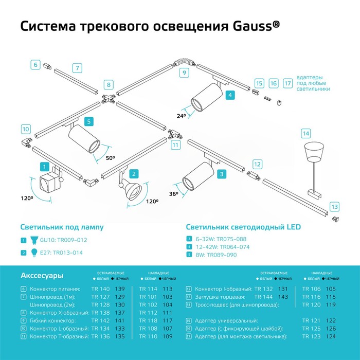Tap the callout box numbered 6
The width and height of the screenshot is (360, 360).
(x=35, y=65)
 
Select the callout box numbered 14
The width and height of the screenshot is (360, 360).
(x=305, y=134)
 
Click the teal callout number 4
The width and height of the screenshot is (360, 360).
(x=230, y=95)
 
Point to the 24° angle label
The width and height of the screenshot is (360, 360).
(x=181, y=116)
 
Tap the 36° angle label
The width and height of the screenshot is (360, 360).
(x=173, y=193)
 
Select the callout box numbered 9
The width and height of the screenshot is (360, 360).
(x=184, y=73)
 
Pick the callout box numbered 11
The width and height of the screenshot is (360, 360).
(x=175, y=146)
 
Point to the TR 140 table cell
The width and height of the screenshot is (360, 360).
(x=100, y=289)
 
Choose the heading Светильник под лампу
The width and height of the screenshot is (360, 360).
(x=62, y=227)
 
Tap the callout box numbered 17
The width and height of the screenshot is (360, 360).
(x=287, y=83)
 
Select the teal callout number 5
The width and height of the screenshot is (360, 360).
(x=88, y=122)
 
